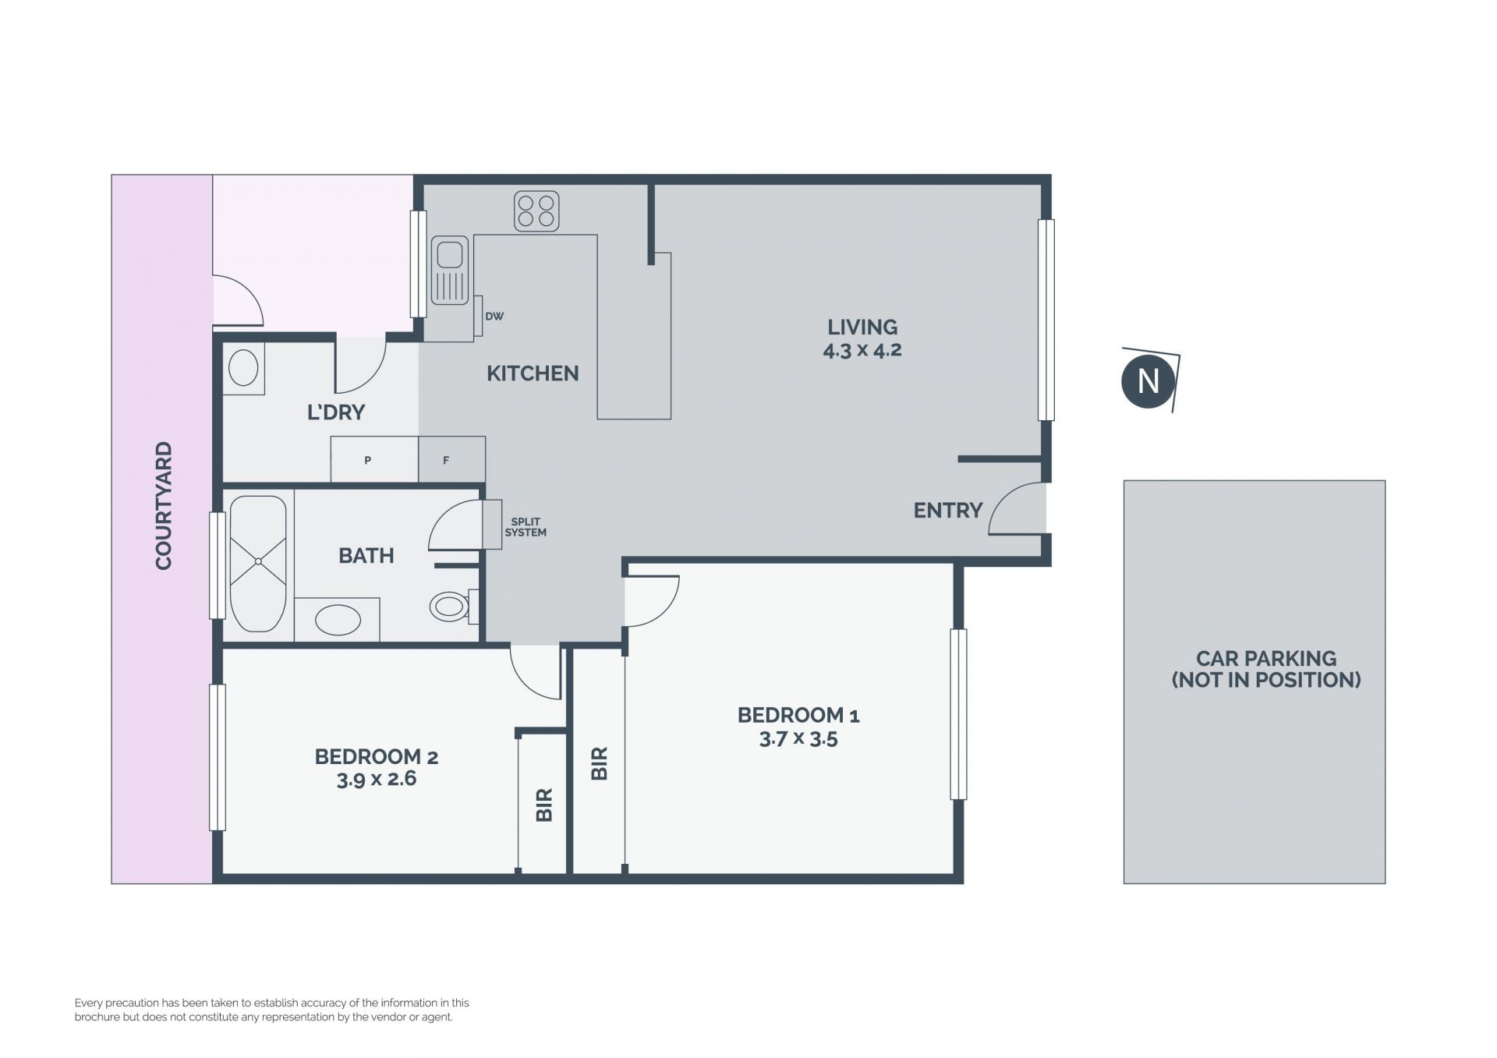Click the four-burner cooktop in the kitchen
[x=536, y=211]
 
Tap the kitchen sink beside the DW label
[x=450, y=270]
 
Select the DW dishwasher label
[x=494, y=317]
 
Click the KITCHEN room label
[x=533, y=373]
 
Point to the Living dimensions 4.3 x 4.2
[x=862, y=350]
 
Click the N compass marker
[x=1148, y=381]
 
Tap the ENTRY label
[x=947, y=511]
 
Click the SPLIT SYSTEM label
[x=526, y=527]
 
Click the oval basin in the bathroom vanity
[x=338, y=621]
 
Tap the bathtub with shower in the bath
[x=258, y=564]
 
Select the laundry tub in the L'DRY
[x=244, y=368]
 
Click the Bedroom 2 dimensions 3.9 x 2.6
[x=377, y=779]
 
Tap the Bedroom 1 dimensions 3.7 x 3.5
[x=798, y=738]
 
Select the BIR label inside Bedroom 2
[x=544, y=805]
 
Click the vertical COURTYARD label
[x=164, y=506]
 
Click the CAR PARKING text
[x=1266, y=659]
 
